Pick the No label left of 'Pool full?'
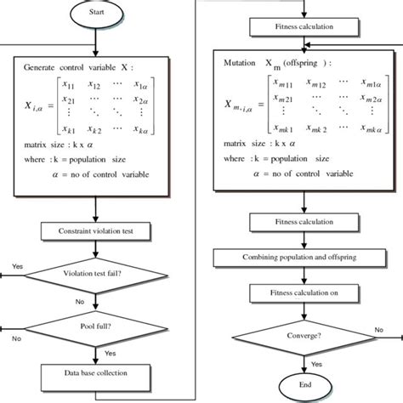(x=16, y=338)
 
